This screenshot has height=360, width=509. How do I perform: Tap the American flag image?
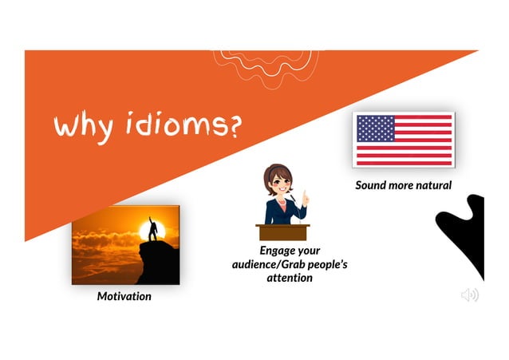(403, 140)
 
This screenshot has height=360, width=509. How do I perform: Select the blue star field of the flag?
(376, 129)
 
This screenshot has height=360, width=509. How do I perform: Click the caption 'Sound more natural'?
(403, 185)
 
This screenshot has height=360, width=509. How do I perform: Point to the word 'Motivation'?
(124, 296)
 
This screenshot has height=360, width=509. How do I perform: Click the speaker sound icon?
(469, 295)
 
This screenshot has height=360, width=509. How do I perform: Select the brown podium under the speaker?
(282, 232)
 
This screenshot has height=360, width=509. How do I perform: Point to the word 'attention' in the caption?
(290, 278)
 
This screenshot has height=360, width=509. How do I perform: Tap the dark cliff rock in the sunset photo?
(160, 263)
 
